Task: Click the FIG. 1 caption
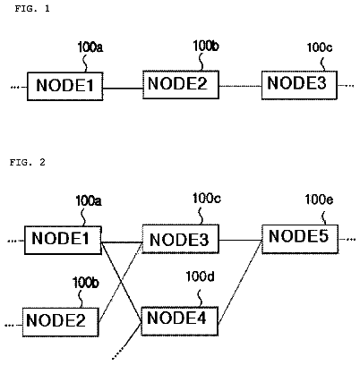pos(32,9)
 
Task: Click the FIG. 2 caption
pos(28,162)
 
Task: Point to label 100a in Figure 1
pos(90,47)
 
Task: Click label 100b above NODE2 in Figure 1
pos(206,47)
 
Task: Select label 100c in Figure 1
pos(320,47)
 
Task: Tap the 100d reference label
pos(200,276)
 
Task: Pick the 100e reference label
pos(319,199)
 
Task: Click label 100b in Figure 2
pos(86,283)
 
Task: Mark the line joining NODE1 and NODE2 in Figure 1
pos(123,89)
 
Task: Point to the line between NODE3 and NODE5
pos(240,240)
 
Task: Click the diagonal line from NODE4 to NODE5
pos(240,282)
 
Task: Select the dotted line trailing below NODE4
pos(126,341)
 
